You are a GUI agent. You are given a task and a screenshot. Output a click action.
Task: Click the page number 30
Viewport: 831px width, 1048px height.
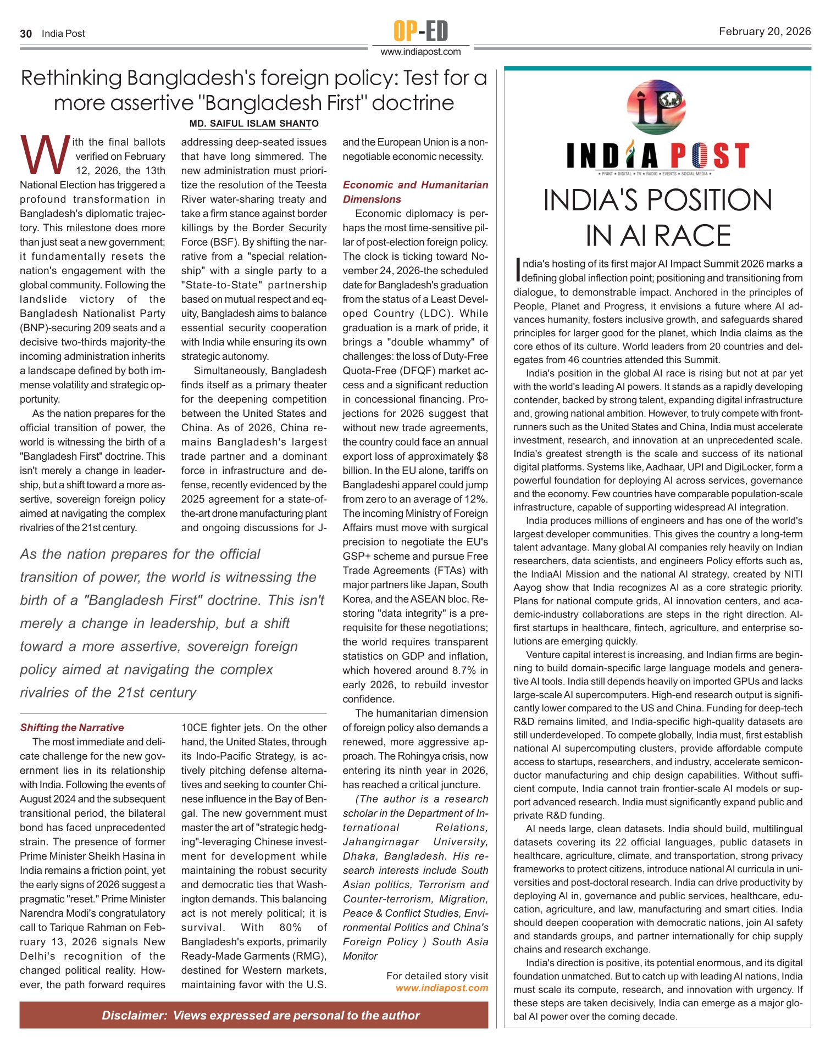(x=26, y=34)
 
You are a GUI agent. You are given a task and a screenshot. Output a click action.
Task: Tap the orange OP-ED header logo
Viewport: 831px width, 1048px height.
(x=420, y=31)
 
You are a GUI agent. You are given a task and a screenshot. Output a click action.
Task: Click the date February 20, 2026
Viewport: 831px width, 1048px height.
(x=764, y=31)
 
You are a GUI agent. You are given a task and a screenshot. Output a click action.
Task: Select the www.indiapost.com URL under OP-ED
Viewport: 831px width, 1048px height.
(x=420, y=52)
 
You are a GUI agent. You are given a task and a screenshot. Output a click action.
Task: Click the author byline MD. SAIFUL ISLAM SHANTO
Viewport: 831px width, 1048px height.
(x=254, y=124)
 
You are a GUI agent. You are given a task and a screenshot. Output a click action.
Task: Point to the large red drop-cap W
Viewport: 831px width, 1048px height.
(x=45, y=155)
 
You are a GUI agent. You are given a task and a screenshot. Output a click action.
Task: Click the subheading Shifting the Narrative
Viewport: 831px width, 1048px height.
(x=72, y=728)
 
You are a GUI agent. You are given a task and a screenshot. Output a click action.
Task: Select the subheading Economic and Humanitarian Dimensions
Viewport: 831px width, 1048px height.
(x=415, y=192)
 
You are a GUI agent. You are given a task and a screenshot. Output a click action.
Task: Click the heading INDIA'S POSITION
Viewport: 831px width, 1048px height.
(x=657, y=200)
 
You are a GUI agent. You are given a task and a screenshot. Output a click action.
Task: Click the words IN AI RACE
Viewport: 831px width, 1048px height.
(x=657, y=236)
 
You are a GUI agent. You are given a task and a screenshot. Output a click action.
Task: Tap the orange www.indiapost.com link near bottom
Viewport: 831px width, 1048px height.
(x=441, y=988)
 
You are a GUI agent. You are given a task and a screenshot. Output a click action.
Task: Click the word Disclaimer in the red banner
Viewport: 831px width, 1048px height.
(x=134, y=1016)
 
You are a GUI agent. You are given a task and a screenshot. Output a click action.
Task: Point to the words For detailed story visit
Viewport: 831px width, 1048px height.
(x=437, y=976)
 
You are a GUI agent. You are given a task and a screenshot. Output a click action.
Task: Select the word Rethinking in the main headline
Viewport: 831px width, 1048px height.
(x=71, y=79)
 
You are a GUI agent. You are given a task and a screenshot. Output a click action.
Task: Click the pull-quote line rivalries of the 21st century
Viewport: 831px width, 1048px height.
(x=108, y=693)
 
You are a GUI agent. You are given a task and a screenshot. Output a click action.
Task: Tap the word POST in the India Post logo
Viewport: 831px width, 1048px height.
(x=709, y=156)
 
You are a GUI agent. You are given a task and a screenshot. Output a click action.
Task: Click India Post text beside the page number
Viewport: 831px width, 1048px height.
(x=63, y=34)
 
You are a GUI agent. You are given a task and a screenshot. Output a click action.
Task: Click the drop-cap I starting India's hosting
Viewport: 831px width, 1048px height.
(x=517, y=269)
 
